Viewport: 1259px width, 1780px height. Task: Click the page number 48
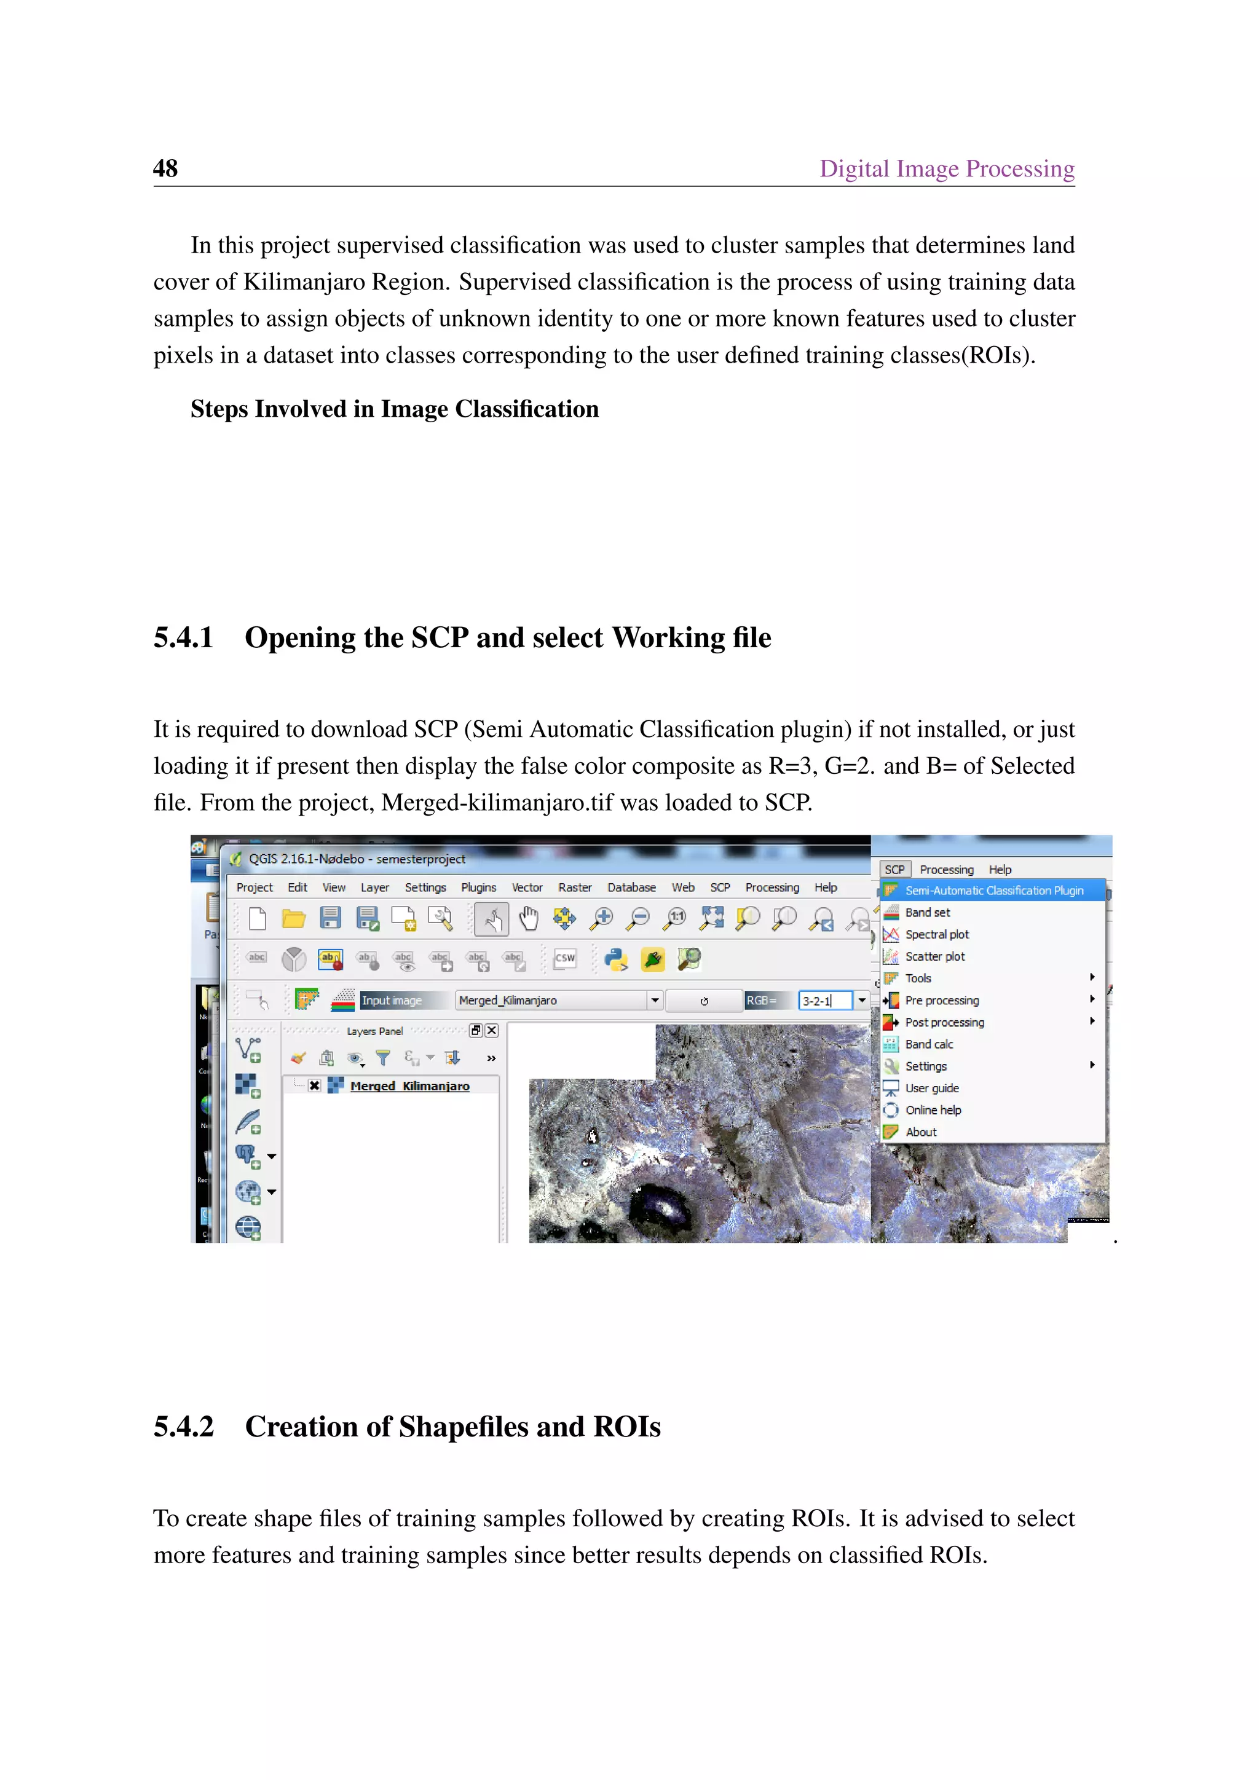(165, 168)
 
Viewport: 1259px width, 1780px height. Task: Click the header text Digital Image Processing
(946, 168)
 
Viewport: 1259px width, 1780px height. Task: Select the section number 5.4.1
(183, 637)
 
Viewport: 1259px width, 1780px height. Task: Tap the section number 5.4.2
(183, 1427)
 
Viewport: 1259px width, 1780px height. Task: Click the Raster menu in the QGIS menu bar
(574, 887)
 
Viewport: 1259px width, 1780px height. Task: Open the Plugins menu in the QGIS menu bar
(478, 887)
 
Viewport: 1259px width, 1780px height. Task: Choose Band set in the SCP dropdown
(927, 913)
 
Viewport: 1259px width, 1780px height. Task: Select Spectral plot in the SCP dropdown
(936, 934)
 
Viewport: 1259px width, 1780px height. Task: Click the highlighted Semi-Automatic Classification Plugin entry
(994, 890)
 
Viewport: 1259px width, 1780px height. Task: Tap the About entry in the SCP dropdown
(921, 1132)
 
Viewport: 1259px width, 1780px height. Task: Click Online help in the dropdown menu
(933, 1110)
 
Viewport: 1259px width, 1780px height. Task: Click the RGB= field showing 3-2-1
(824, 1001)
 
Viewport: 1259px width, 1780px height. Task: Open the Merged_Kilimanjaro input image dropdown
(655, 1000)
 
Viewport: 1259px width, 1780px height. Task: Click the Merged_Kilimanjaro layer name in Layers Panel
(409, 1086)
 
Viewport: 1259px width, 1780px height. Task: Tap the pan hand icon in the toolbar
(528, 919)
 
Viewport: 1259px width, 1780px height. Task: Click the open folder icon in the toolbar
(293, 919)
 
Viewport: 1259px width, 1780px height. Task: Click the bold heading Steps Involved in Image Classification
(394, 409)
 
